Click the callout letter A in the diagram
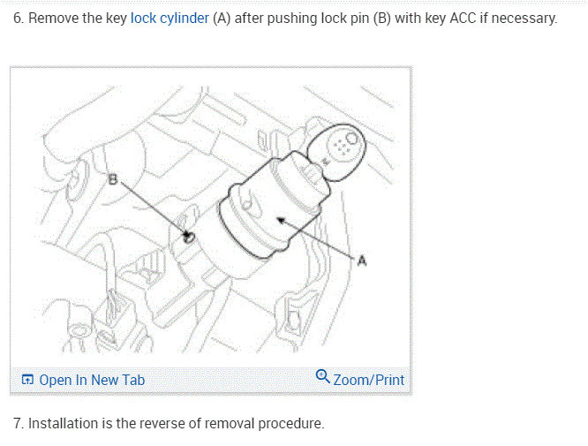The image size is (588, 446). [362, 260]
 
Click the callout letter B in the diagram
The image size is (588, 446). [112, 180]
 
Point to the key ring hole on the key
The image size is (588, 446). [351, 138]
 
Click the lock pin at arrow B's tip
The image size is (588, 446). [188, 237]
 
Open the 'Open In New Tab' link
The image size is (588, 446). [92, 380]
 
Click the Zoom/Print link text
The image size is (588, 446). [368, 380]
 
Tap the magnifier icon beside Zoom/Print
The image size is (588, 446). [323, 379]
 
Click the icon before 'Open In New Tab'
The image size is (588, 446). [28, 380]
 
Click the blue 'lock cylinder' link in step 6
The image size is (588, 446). [170, 19]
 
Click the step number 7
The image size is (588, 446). [18, 423]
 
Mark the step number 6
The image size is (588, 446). [18, 19]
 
